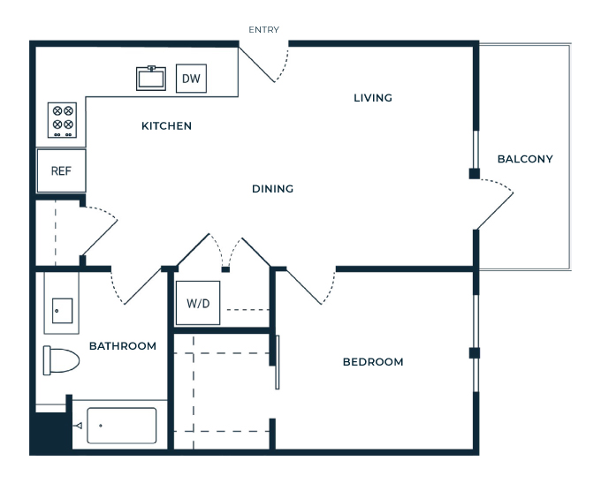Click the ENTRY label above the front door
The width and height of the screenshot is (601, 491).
pyautogui.click(x=263, y=29)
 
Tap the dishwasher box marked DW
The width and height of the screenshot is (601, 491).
pyautogui.click(x=191, y=79)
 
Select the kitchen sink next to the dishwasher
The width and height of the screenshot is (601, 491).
pyautogui.click(x=151, y=79)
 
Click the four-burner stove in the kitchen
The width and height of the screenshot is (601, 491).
pyautogui.click(x=62, y=120)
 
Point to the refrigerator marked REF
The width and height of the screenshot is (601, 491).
pyautogui.click(x=61, y=170)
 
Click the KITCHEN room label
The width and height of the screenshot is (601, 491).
pyautogui.click(x=166, y=126)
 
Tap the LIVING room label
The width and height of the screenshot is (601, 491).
pyautogui.click(x=373, y=98)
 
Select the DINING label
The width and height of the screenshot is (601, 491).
pyautogui.click(x=272, y=188)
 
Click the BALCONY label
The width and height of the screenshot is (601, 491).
pyautogui.click(x=525, y=159)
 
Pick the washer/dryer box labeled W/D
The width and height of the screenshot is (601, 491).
pyautogui.click(x=198, y=303)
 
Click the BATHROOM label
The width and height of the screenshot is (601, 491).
pyautogui.click(x=123, y=346)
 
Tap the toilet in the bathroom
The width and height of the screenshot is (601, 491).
pyautogui.click(x=61, y=360)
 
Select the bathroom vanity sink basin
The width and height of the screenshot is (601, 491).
pyautogui.click(x=62, y=311)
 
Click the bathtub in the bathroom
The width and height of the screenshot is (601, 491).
pyautogui.click(x=121, y=426)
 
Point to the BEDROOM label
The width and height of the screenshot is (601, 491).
pyautogui.click(x=373, y=362)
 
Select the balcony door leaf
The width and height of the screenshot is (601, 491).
pyautogui.click(x=494, y=211)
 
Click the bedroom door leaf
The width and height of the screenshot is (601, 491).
pyautogui.click(x=304, y=287)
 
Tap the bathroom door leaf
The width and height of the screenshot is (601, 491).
pyautogui.click(x=142, y=286)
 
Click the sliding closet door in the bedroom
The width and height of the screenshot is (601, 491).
pyautogui.click(x=278, y=362)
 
